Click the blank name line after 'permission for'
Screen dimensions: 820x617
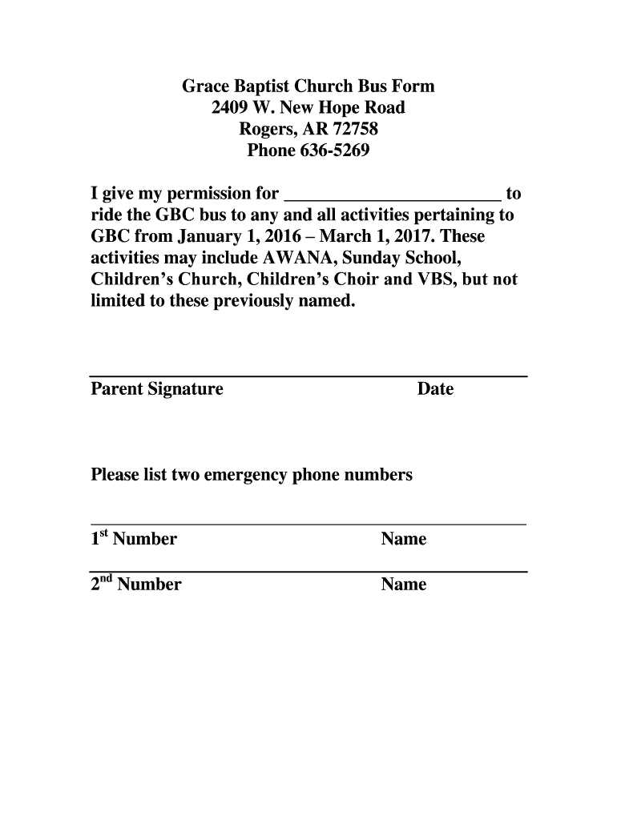393,195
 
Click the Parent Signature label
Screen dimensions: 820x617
157,390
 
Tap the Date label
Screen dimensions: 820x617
435,390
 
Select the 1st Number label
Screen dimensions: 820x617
134,538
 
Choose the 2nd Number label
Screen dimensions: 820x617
136,584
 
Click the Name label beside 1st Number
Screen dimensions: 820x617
404,540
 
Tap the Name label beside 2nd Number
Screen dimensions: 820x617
404,585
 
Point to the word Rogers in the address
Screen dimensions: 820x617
266,130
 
